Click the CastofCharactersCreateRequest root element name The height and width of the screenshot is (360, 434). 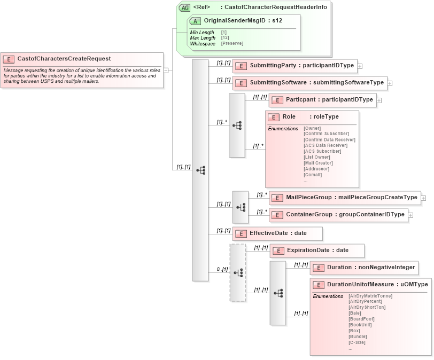64,59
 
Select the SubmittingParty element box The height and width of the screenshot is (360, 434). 294,66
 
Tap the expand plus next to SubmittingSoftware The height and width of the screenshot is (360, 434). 390,83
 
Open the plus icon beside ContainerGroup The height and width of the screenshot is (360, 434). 411,215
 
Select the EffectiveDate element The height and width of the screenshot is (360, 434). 277,233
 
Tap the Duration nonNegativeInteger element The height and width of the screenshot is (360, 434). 363,267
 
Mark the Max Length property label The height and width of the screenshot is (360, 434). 203,38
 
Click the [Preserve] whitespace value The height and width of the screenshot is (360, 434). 232,43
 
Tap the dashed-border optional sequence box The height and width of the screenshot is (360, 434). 238,272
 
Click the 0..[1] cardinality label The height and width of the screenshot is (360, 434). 221,269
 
